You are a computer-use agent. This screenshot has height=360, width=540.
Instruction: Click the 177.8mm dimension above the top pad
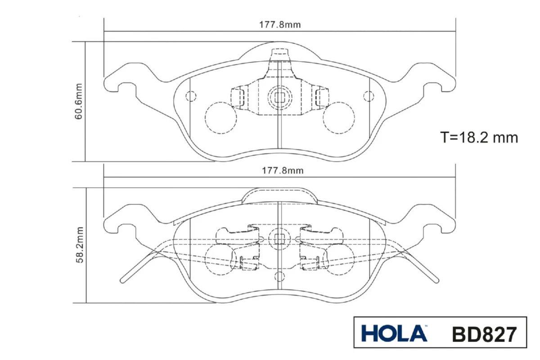pyautogui.click(x=279, y=25)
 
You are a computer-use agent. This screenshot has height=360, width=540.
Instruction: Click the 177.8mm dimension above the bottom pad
pyautogui.click(x=283, y=171)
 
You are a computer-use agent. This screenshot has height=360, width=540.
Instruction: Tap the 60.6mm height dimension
pyautogui.click(x=79, y=101)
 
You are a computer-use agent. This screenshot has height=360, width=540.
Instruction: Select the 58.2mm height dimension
pyautogui.click(x=80, y=245)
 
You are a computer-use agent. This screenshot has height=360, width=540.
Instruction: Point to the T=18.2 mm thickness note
pyautogui.click(x=479, y=137)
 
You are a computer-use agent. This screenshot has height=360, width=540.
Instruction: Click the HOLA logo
pyautogui.click(x=394, y=333)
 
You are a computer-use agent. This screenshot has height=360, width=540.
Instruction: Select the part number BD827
pyautogui.click(x=484, y=334)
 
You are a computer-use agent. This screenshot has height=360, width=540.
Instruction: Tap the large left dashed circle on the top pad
pyautogui.click(x=221, y=118)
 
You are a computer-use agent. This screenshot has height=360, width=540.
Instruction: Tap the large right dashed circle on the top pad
pyautogui.click(x=339, y=118)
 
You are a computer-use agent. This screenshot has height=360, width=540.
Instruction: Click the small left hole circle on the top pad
pyautogui.click(x=191, y=96)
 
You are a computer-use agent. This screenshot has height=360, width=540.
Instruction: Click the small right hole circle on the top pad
pyautogui.click(x=369, y=96)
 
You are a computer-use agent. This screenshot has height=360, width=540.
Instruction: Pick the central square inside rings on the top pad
pyautogui.click(x=279, y=97)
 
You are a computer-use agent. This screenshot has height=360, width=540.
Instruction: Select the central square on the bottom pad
pyautogui.click(x=279, y=238)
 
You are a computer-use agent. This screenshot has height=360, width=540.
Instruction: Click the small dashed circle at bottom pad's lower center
pyautogui.click(x=279, y=277)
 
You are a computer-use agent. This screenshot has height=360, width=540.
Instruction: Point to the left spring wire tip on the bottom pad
pyautogui.click(x=122, y=281)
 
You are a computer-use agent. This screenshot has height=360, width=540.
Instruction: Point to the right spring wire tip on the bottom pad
pyautogui.click(x=437, y=281)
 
